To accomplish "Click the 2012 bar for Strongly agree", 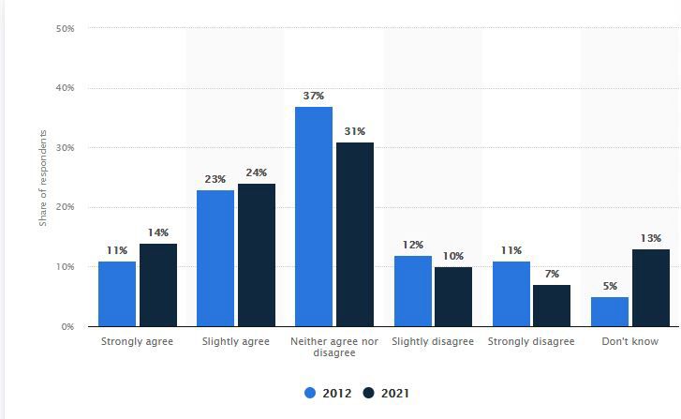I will click(x=117, y=293).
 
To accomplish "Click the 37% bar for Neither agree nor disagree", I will click(x=314, y=217).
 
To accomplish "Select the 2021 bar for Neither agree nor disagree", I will click(x=355, y=234).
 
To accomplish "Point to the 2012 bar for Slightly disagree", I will click(x=413, y=291).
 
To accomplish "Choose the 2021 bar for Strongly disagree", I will click(x=552, y=306).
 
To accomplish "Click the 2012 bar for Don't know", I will click(x=610, y=311).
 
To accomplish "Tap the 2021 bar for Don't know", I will click(x=651, y=288).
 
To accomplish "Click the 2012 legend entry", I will click(x=329, y=394).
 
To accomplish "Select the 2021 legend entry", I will click(x=385, y=394).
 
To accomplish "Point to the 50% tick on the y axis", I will click(x=65, y=28).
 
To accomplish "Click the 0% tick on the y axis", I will click(x=67, y=326).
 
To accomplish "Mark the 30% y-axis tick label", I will click(x=65, y=148).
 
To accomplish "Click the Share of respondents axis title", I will click(x=43, y=177).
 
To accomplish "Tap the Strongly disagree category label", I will click(x=531, y=342).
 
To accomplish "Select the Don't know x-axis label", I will click(x=630, y=342).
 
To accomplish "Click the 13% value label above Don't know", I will click(x=651, y=239).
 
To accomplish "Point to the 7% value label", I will click(x=552, y=275).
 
